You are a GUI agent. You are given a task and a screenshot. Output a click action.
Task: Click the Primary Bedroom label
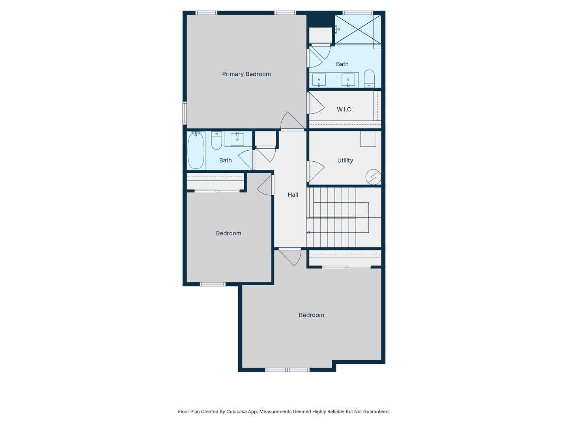click(x=246, y=74)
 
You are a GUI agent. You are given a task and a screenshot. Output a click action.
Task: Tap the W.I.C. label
click(x=344, y=109)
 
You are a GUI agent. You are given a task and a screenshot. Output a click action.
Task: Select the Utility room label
click(x=345, y=160)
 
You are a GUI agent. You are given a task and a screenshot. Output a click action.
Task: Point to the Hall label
click(x=293, y=194)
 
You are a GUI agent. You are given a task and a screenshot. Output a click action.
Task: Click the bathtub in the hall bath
click(x=196, y=151)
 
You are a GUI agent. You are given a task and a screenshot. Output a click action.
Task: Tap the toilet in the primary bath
click(x=369, y=78)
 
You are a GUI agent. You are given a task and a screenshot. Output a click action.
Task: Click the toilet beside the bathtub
click(x=217, y=140)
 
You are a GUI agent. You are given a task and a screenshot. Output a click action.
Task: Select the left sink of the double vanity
click(x=319, y=80)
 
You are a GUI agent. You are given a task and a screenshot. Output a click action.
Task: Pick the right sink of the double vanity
click(x=348, y=80)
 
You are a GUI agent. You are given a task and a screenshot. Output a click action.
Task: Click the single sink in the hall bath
click(x=237, y=139)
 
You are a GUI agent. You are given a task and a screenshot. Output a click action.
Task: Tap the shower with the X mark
click(x=358, y=29)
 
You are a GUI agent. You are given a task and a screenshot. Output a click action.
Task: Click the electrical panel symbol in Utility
click(x=373, y=177)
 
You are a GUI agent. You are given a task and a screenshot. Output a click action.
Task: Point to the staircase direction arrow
click(x=308, y=233)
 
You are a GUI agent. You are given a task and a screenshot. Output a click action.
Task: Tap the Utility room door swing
click(x=316, y=171)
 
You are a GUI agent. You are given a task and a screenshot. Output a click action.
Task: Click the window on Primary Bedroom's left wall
click(x=185, y=113)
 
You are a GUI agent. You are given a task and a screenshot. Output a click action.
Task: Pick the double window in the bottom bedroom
click(x=287, y=370)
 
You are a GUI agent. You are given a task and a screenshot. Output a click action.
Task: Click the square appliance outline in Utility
click(x=368, y=139)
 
